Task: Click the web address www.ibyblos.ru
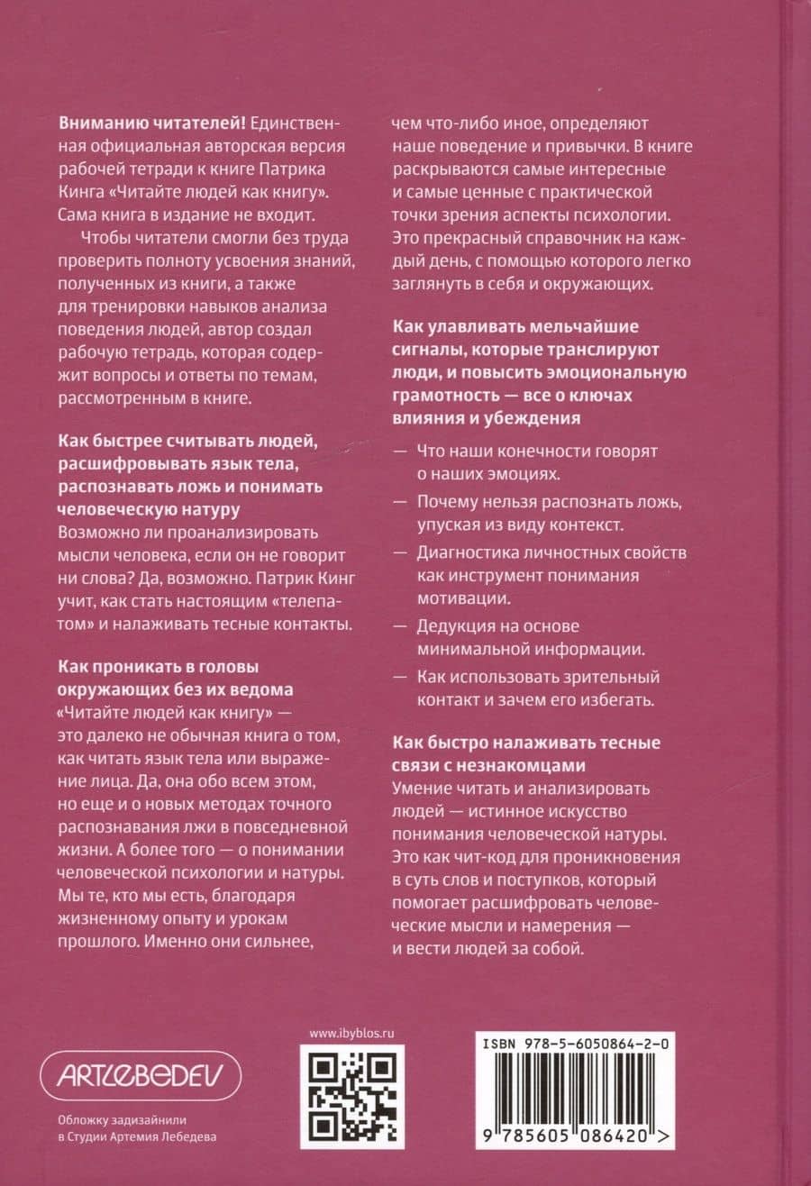pos(352,1034)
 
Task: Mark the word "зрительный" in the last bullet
pos(610,676)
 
